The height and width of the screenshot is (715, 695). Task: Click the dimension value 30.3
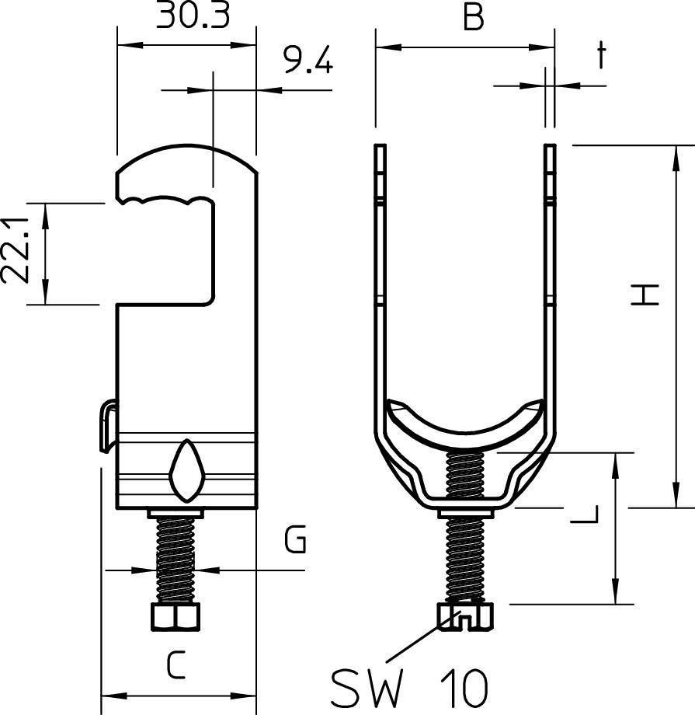pos(193,15)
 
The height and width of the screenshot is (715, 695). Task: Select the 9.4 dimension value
pos(308,59)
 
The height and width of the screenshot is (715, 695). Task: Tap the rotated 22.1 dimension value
pos(16,250)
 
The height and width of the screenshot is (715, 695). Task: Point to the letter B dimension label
pos(474,18)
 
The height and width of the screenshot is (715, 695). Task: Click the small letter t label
pos(602,55)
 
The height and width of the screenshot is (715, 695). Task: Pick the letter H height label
pos(645,295)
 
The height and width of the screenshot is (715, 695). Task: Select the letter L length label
pos(585,514)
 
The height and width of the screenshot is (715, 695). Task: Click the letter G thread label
pos(295,539)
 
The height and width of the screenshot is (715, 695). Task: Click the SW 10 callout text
pos(409,688)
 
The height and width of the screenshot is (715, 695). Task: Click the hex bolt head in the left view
pos(175,617)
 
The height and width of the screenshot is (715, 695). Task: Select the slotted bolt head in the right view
pos(465,617)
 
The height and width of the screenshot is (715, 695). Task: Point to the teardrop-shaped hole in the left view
pos(186,471)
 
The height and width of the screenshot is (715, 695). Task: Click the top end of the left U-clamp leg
pos(380,145)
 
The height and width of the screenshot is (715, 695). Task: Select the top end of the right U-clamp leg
pos(550,145)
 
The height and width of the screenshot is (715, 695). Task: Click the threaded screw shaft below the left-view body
pos(175,561)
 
